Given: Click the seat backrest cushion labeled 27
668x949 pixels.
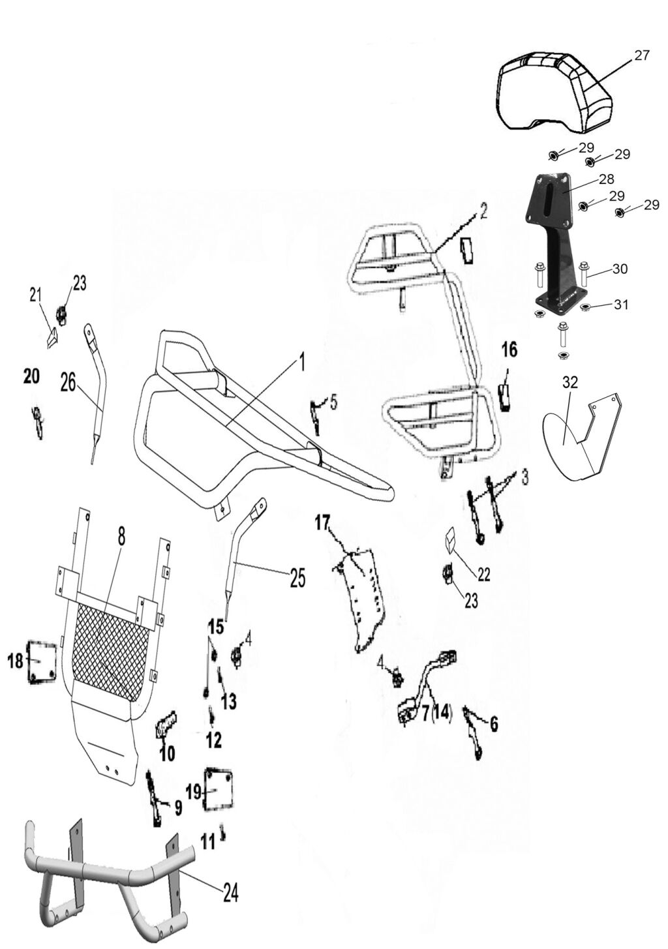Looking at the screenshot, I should tap(554, 91).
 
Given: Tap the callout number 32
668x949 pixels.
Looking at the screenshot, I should tap(570, 383).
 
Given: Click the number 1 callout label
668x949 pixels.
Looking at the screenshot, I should tap(301, 363).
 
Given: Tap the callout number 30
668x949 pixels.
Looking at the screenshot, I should tap(620, 268).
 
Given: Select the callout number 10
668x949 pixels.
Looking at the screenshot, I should tap(167, 754).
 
